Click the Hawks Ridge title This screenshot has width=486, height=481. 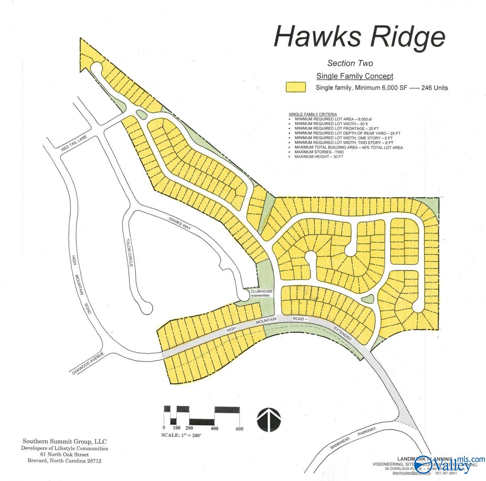point(359,36)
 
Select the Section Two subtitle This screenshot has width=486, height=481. point(350,63)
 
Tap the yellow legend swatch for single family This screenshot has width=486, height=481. point(295,87)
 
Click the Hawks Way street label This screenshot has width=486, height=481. point(180,223)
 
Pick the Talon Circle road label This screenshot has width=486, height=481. point(129,253)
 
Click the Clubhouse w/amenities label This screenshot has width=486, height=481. point(261,293)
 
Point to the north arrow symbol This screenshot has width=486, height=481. point(269,420)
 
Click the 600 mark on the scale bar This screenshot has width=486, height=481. point(239,429)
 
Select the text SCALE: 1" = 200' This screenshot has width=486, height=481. point(181,435)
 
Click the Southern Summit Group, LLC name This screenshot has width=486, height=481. point(64,442)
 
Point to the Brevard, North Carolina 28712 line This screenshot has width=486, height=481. point(64,461)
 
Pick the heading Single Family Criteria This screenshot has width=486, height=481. point(313,114)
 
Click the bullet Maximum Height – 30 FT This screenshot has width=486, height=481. point(319,157)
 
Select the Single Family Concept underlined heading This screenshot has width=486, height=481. point(355,76)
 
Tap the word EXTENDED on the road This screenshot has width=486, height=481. point(342,333)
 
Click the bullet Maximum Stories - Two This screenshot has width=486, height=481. point(319,152)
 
